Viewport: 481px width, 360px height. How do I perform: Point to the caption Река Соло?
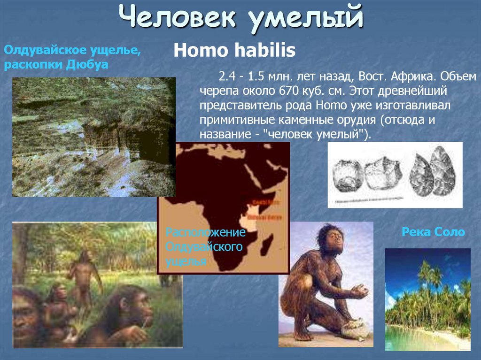click(x=433, y=232)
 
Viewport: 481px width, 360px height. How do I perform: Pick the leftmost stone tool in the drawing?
click(x=347, y=175)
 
